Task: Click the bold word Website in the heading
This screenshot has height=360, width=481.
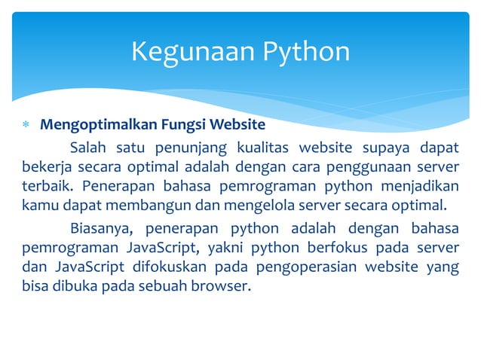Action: pyautogui.click(x=237, y=124)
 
